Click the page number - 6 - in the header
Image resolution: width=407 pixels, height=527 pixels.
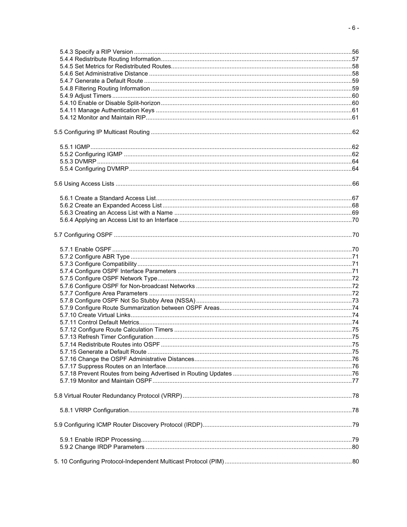coord(353,28)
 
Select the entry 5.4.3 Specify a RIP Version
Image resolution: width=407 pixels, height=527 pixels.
coord(96,52)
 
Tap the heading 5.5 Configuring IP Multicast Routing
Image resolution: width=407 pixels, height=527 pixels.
coord(102,132)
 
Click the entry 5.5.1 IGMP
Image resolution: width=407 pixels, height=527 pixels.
coord(75,147)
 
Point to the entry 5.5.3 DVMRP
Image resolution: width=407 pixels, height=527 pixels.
coord(78,162)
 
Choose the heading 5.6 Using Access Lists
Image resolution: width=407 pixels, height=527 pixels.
coord(84,184)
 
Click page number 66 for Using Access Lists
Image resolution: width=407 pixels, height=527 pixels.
coord(355,184)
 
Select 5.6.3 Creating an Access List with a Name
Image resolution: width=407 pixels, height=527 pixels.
coord(116,213)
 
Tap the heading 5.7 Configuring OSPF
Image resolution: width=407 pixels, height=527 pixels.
coord(83,235)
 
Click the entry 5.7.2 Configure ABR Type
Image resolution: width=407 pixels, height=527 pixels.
coord(95,257)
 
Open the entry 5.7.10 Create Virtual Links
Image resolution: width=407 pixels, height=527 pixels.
coord(95,315)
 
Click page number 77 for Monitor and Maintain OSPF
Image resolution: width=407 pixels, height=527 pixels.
coord(355,381)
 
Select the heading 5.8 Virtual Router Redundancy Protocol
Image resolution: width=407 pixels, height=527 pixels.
coord(118,396)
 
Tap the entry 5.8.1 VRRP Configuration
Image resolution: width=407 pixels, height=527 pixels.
coord(94,411)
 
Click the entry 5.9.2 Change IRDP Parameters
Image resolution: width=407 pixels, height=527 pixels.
coord(102,447)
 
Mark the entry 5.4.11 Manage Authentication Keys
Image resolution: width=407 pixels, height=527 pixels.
coord(107,111)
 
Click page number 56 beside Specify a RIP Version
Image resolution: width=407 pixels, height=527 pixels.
coord(355,52)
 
